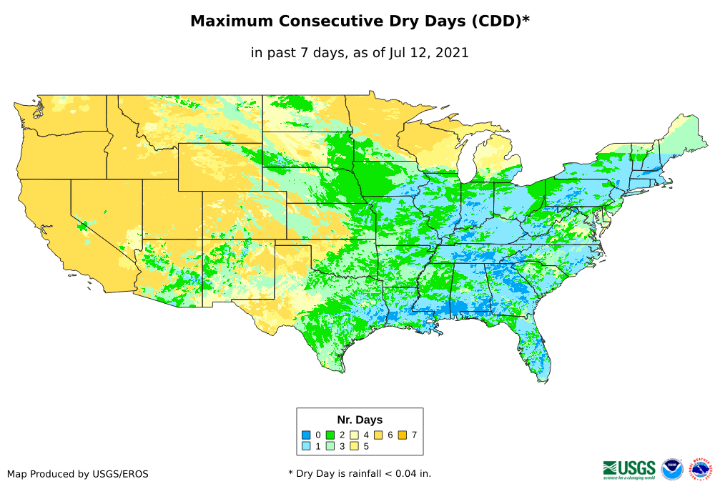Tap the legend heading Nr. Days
(x=360, y=420)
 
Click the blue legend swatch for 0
(x=305, y=435)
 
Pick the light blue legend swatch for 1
(x=305, y=446)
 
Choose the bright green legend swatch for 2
(x=330, y=435)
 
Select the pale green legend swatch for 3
(x=330, y=446)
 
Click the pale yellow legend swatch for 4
(x=354, y=435)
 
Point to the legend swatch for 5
(x=354, y=446)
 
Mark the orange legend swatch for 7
(x=403, y=435)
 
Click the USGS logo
(x=629, y=468)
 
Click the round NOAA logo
(x=672, y=469)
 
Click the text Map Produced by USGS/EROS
(x=78, y=473)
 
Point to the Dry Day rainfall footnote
(x=360, y=473)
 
